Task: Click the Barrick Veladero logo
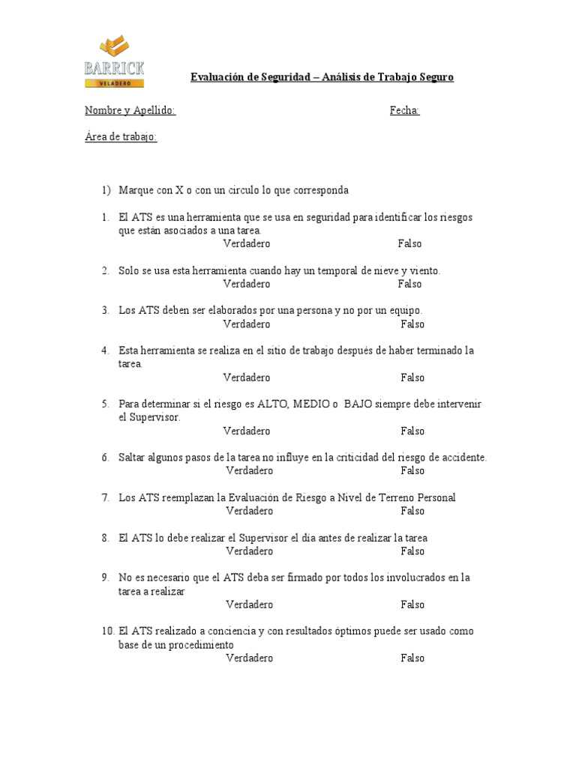pos(115,61)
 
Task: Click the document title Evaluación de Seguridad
pos(322,77)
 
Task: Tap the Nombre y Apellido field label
pos(130,111)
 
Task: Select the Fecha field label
pos(404,111)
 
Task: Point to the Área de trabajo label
pos(121,137)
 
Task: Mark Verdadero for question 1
pos(247,243)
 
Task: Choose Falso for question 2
pos(409,284)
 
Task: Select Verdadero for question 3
pos(247,324)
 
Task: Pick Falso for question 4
pos(412,378)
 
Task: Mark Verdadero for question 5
pos(247,431)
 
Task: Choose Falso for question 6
pos(412,470)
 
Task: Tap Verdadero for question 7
pos(249,511)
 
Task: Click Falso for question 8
pos(412,551)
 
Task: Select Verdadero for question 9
pos(249,604)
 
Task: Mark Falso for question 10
pos(412,658)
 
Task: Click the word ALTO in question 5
pos(272,404)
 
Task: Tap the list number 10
pos(107,631)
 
